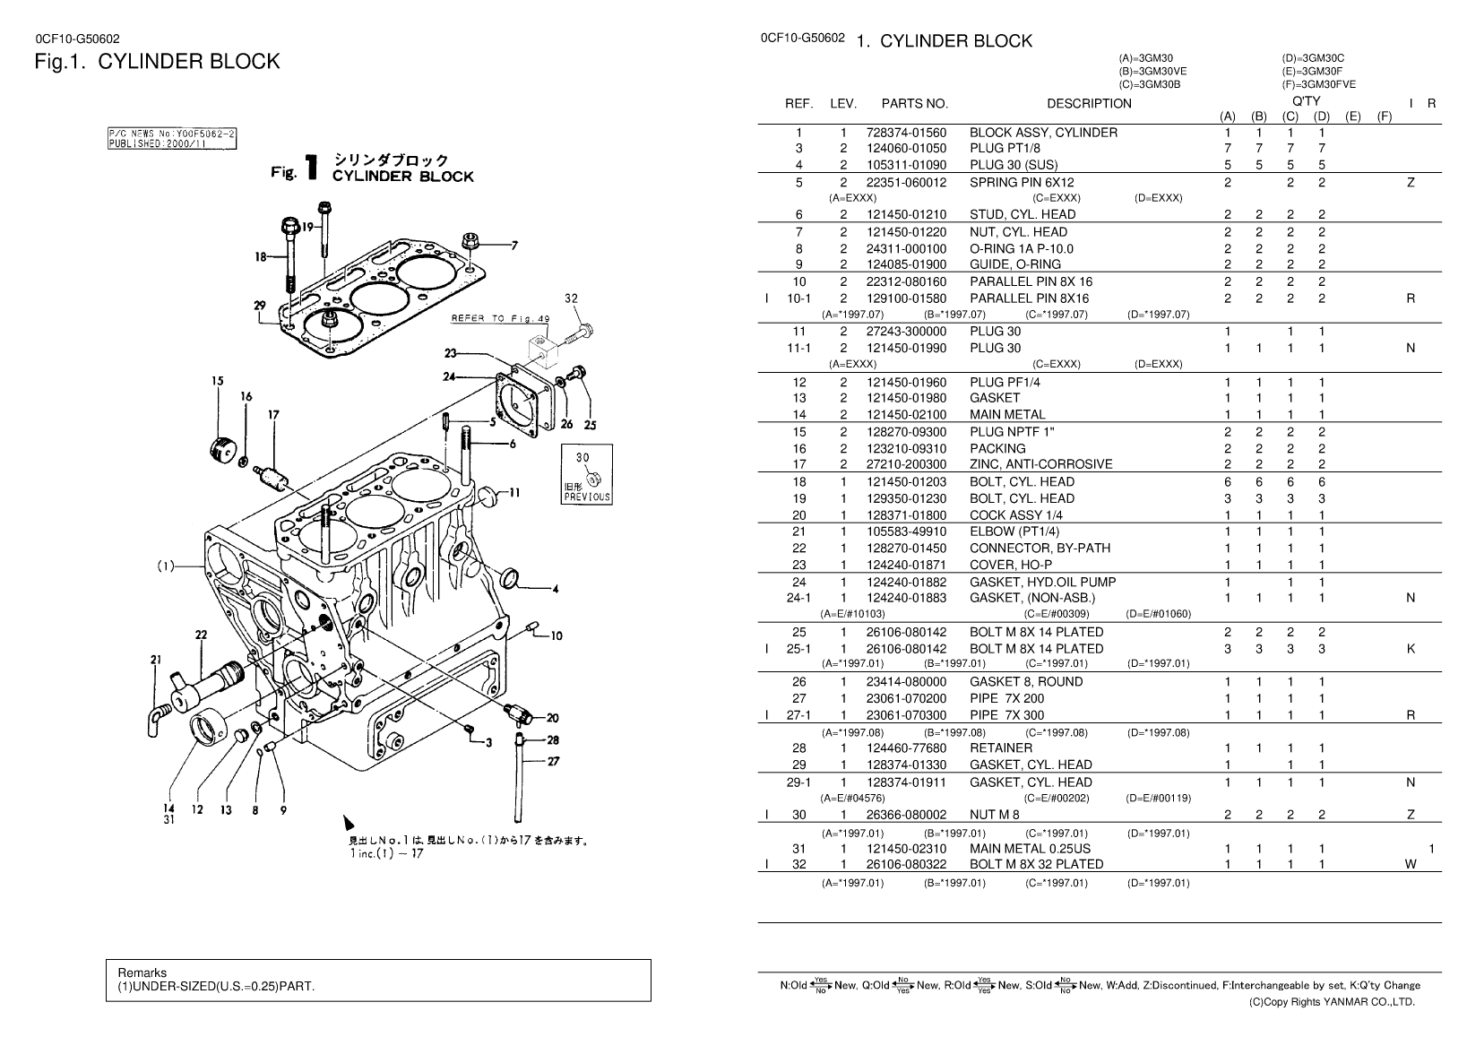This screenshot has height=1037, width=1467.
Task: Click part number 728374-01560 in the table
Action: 906,133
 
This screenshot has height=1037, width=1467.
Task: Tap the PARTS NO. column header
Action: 914,103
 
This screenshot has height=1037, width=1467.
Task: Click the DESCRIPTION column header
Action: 1089,103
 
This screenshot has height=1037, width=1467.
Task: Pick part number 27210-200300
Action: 906,464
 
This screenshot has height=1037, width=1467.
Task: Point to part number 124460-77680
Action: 906,748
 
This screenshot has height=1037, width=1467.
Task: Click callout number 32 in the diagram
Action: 571,298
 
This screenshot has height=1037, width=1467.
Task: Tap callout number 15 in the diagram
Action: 218,381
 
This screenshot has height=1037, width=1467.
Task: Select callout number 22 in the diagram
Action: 201,635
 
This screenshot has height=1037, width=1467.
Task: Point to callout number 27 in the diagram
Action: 553,762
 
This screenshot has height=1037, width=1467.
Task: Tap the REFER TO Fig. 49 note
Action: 500,318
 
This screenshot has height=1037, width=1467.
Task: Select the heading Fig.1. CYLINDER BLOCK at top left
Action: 157,61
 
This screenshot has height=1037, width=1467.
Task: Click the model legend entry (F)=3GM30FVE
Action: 1318,84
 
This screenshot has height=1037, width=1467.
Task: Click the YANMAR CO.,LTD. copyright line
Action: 1332,1002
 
